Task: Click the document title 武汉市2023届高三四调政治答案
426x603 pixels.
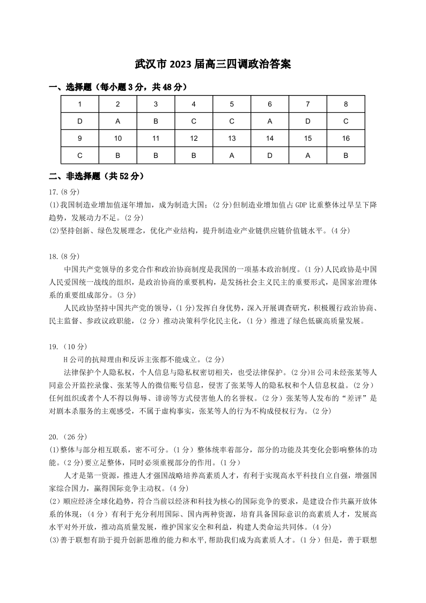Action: point(213,64)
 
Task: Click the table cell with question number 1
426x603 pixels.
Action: point(80,104)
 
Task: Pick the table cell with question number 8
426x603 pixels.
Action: point(346,104)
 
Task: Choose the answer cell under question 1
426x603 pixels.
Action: point(80,121)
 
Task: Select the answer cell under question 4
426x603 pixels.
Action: point(194,121)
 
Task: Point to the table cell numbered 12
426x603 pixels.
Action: point(194,139)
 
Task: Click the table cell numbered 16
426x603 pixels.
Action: point(346,139)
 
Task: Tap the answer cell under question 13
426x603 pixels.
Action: point(232,156)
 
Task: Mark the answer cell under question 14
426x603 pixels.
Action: point(270,156)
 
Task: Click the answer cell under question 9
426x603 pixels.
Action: point(80,156)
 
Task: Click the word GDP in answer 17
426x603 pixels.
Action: point(293,205)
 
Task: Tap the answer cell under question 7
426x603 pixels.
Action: point(308,121)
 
